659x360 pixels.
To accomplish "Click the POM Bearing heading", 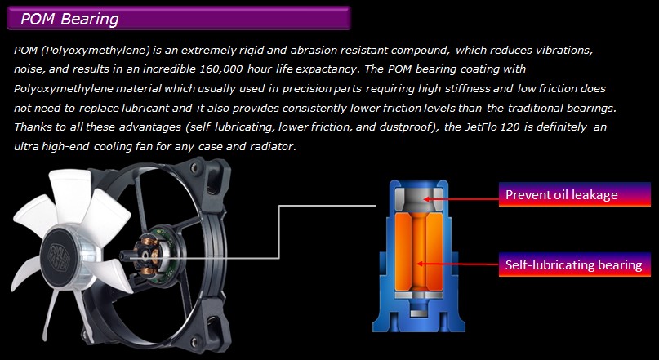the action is point(69,19).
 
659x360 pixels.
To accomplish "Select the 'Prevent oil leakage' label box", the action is point(575,194).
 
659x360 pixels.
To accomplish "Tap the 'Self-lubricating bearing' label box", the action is point(575,264).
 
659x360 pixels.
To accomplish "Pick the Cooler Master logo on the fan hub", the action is point(59,256).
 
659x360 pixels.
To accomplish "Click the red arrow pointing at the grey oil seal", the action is point(461,199).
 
